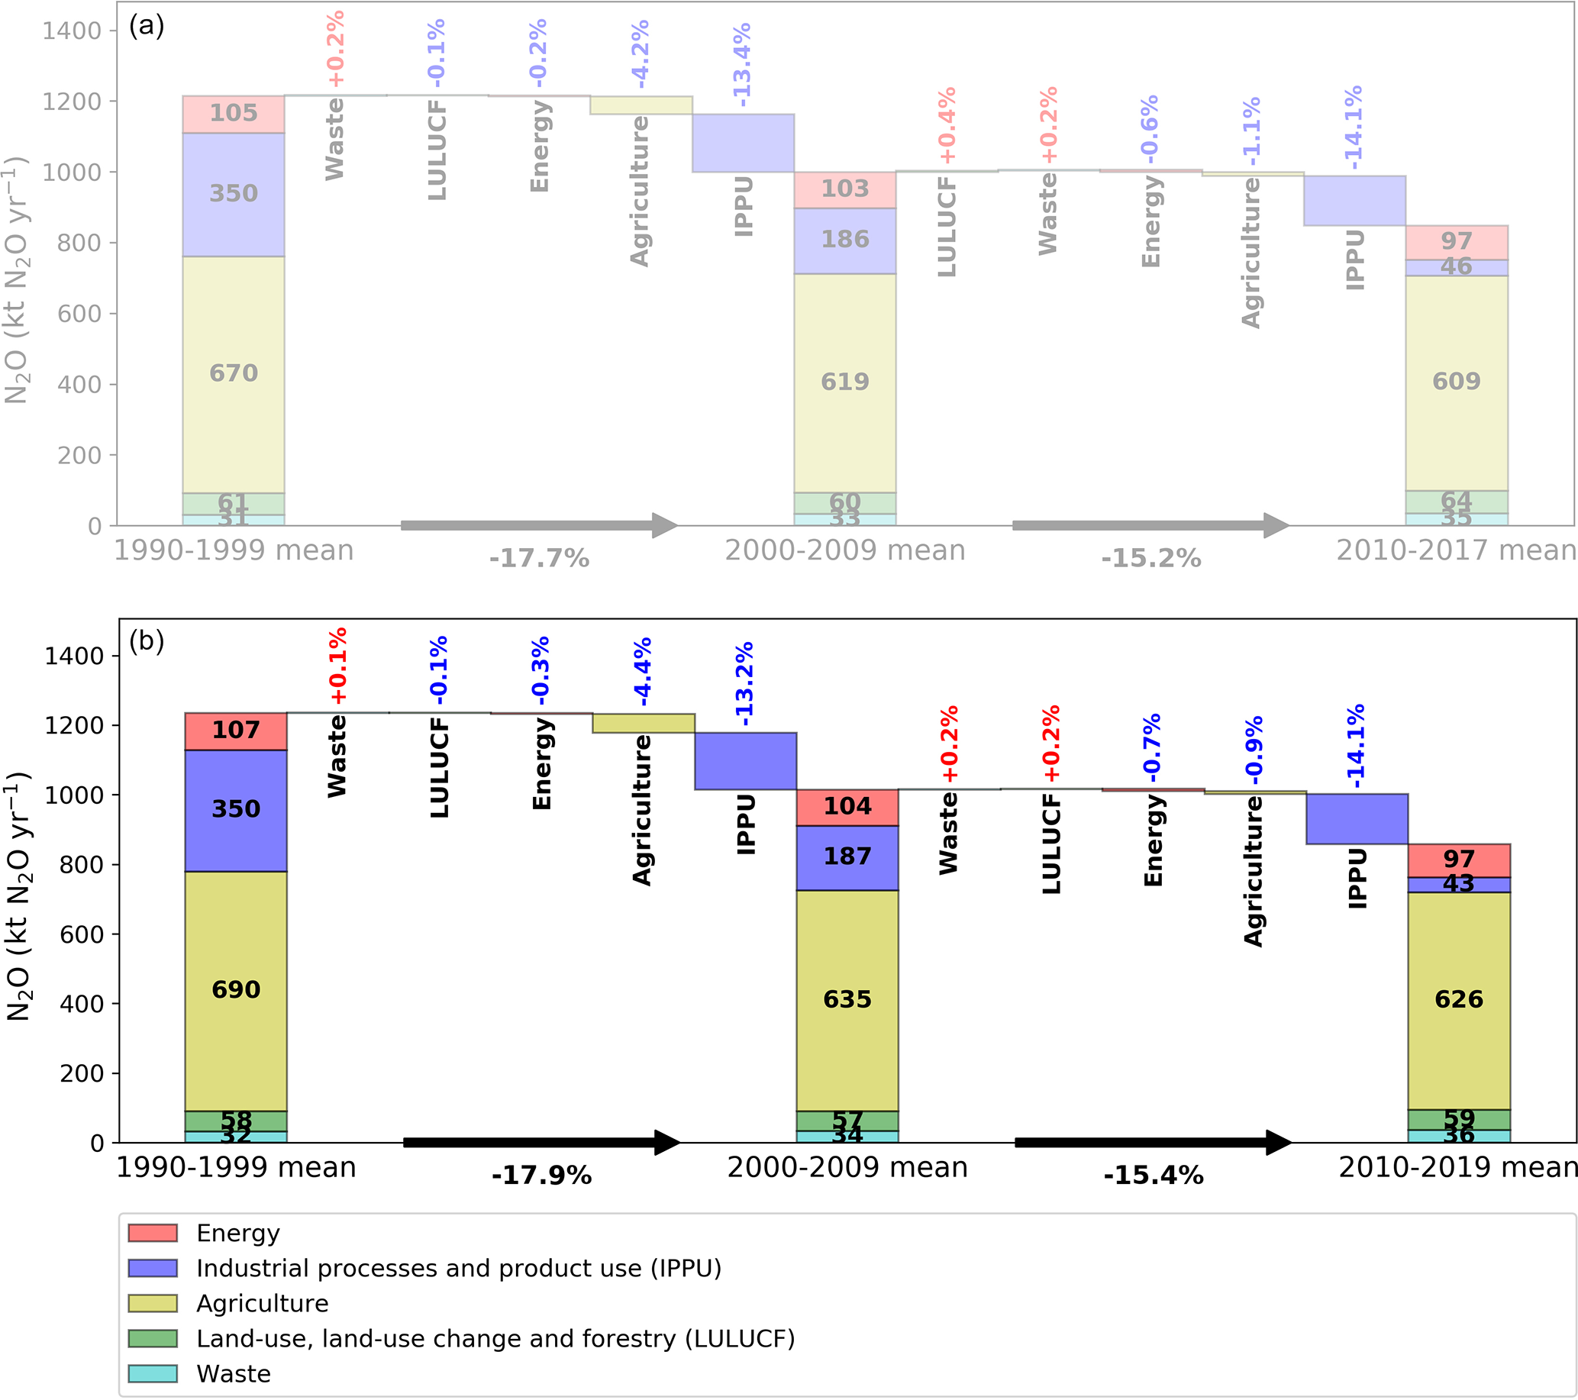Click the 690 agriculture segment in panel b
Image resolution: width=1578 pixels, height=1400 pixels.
(x=235, y=989)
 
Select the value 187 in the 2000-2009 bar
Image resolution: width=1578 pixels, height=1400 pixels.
(x=847, y=856)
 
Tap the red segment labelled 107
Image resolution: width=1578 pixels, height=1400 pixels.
(x=235, y=730)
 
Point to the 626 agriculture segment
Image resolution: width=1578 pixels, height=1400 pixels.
(x=1458, y=999)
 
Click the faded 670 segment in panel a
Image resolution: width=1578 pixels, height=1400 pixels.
(x=233, y=373)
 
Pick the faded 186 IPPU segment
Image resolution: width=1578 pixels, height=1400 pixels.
(x=844, y=239)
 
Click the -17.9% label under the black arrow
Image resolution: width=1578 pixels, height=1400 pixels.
(x=541, y=1176)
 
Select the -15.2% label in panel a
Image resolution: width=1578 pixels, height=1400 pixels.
(x=1151, y=558)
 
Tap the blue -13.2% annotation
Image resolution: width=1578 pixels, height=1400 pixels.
(x=744, y=684)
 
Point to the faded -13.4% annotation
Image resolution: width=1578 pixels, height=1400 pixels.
(x=742, y=65)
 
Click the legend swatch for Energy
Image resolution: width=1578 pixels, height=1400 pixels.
(x=153, y=1233)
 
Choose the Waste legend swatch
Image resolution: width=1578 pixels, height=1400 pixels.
(x=153, y=1374)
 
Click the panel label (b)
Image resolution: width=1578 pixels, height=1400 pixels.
(x=146, y=640)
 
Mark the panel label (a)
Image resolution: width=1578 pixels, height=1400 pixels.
(x=146, y=25)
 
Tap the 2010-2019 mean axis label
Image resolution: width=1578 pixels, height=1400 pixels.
(x=1457, y=1167)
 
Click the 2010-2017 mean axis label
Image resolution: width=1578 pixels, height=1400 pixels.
(x=1456, y=550)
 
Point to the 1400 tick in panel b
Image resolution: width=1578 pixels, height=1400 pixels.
(x=74, y=656)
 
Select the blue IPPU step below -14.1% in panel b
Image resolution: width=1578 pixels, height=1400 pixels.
(x=1357, y=819)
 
